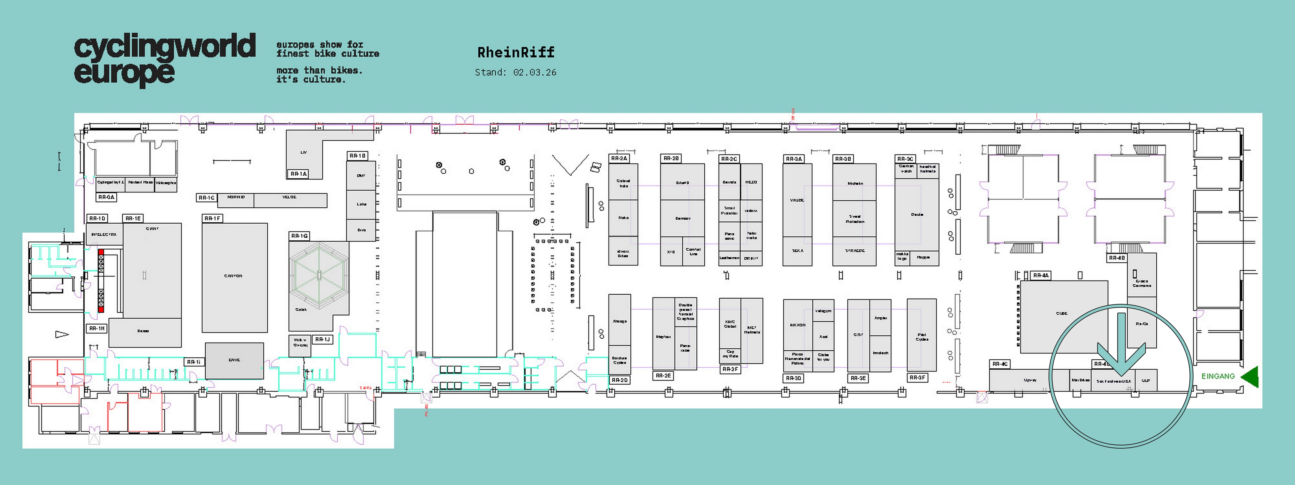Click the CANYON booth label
pos(233,276)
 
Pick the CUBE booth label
pos(1062,313)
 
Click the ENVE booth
pos(234,360)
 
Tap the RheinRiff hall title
pos(516,52)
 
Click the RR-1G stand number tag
pos(299,235)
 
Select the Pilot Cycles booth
pos(922,336)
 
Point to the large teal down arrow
pos(1121,347)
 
